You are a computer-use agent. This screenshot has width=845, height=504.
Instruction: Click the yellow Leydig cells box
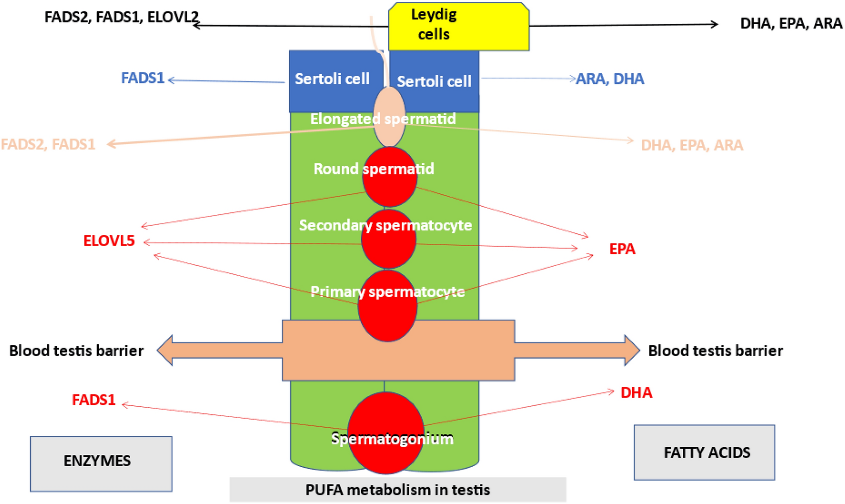[458, 26]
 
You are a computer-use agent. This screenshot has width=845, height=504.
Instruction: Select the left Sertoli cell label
[332, 79]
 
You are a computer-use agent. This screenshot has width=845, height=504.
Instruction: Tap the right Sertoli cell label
[434, 81]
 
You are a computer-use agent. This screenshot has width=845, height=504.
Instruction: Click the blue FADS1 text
[142, 78]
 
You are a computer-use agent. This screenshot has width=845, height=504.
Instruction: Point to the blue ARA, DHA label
[610, 79]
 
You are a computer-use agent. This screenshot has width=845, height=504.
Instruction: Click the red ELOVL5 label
[109, 240]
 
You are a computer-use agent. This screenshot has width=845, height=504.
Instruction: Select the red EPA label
[622, 249]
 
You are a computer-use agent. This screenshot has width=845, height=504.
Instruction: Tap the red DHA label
[636, 392]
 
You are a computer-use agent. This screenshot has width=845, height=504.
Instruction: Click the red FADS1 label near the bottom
[94, 400]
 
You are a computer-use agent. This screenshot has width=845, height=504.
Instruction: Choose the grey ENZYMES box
[101, 463]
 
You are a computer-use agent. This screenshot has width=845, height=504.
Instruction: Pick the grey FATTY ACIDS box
[704, 452]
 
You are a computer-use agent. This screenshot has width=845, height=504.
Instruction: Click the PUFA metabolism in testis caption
[397, 490]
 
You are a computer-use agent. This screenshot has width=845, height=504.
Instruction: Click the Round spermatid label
[373, 169]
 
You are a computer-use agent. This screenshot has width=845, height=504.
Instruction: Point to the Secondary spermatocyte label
[385, 225]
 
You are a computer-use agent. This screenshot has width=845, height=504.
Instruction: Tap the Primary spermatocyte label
[388, 292]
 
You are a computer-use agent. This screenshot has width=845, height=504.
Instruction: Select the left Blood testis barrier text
[76, 350]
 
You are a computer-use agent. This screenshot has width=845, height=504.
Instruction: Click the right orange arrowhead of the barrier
[632, 350]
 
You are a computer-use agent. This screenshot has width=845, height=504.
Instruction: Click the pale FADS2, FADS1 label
[48, 144]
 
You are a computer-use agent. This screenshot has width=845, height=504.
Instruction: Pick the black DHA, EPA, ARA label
[791, 24]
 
